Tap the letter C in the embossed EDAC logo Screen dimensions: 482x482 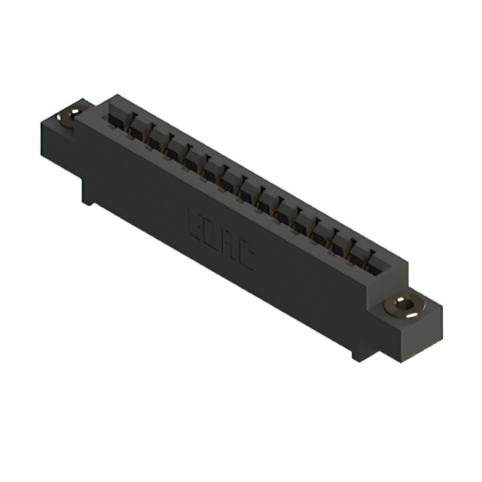(245, 260)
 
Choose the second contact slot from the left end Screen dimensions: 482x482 (139, 130)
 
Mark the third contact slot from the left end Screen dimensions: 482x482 (157, 141)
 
